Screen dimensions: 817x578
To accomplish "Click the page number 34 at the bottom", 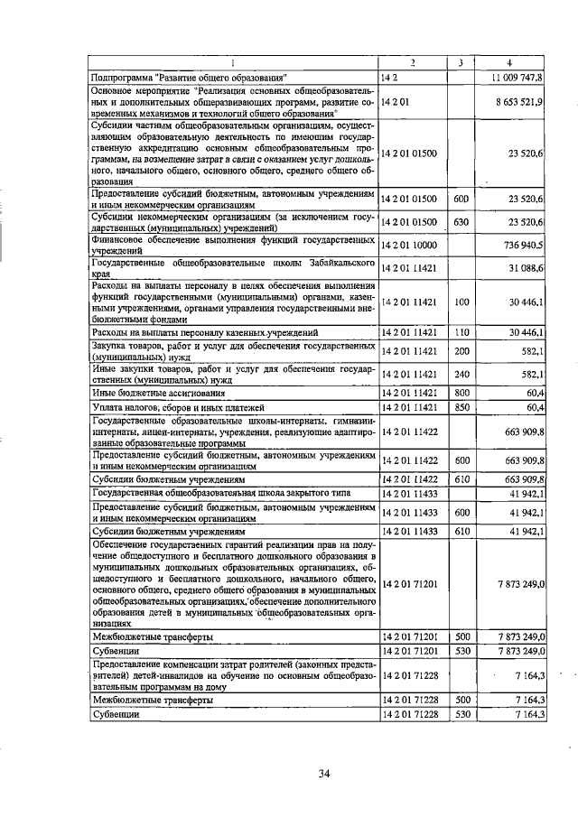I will coord(322,773).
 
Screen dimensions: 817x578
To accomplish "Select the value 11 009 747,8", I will coord(517,79).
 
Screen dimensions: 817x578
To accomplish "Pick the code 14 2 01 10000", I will coord(409,245).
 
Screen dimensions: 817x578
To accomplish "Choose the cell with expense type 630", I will coord(461,221).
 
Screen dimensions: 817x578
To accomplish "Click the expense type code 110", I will coord(461,332).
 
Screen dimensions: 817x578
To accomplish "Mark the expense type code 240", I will coord(461,375).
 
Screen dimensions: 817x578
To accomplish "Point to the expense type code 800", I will coord(461,393).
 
